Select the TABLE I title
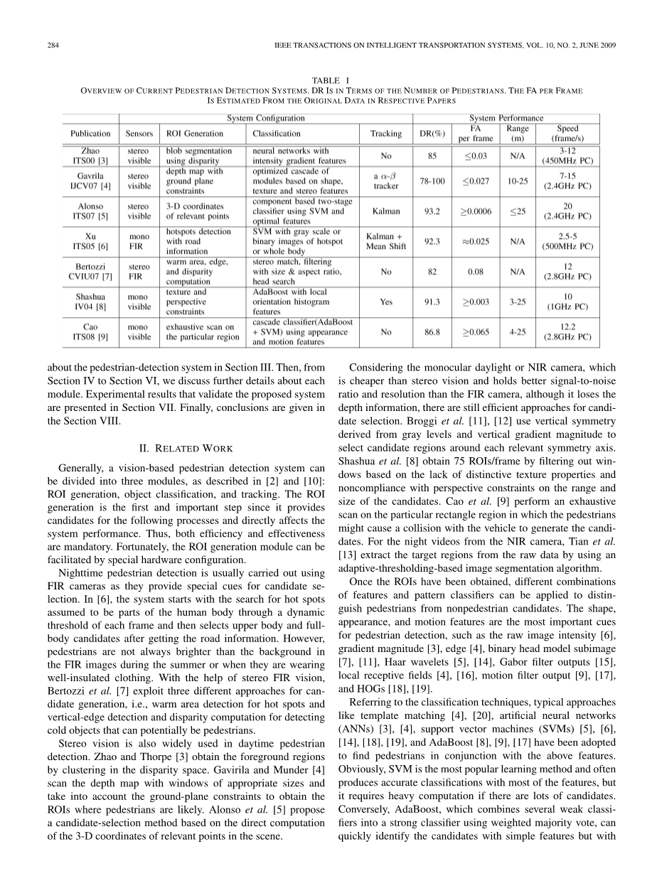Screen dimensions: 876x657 click(328, 81)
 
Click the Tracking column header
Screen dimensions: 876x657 click(386, 134)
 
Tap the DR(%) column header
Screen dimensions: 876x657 click(432, 134)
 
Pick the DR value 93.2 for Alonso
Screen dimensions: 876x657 click(432, 211)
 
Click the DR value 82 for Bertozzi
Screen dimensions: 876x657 click(432, 272)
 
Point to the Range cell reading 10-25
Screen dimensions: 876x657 click(518, 181)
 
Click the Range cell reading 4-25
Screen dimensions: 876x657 click(518, 331)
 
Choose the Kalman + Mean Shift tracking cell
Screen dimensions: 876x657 click(386, 242)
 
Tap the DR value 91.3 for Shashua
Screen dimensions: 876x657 click(432, 301)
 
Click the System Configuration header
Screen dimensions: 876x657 click(265, 118)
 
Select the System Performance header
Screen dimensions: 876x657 click(506, 118)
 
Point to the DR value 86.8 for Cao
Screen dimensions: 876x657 click(432, 331)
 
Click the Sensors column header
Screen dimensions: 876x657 click(139, 134)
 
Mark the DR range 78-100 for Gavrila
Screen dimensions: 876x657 click(432, 181)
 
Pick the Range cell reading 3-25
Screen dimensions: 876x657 click(518, 301)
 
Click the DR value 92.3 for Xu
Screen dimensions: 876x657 click(432, 242)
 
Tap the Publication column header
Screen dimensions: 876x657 click(90, 134)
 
